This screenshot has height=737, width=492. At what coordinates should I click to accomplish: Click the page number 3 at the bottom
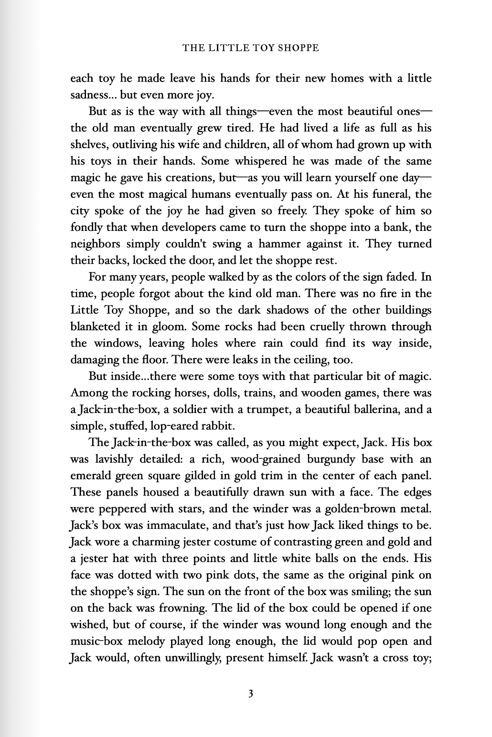(x=250, y=694)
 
